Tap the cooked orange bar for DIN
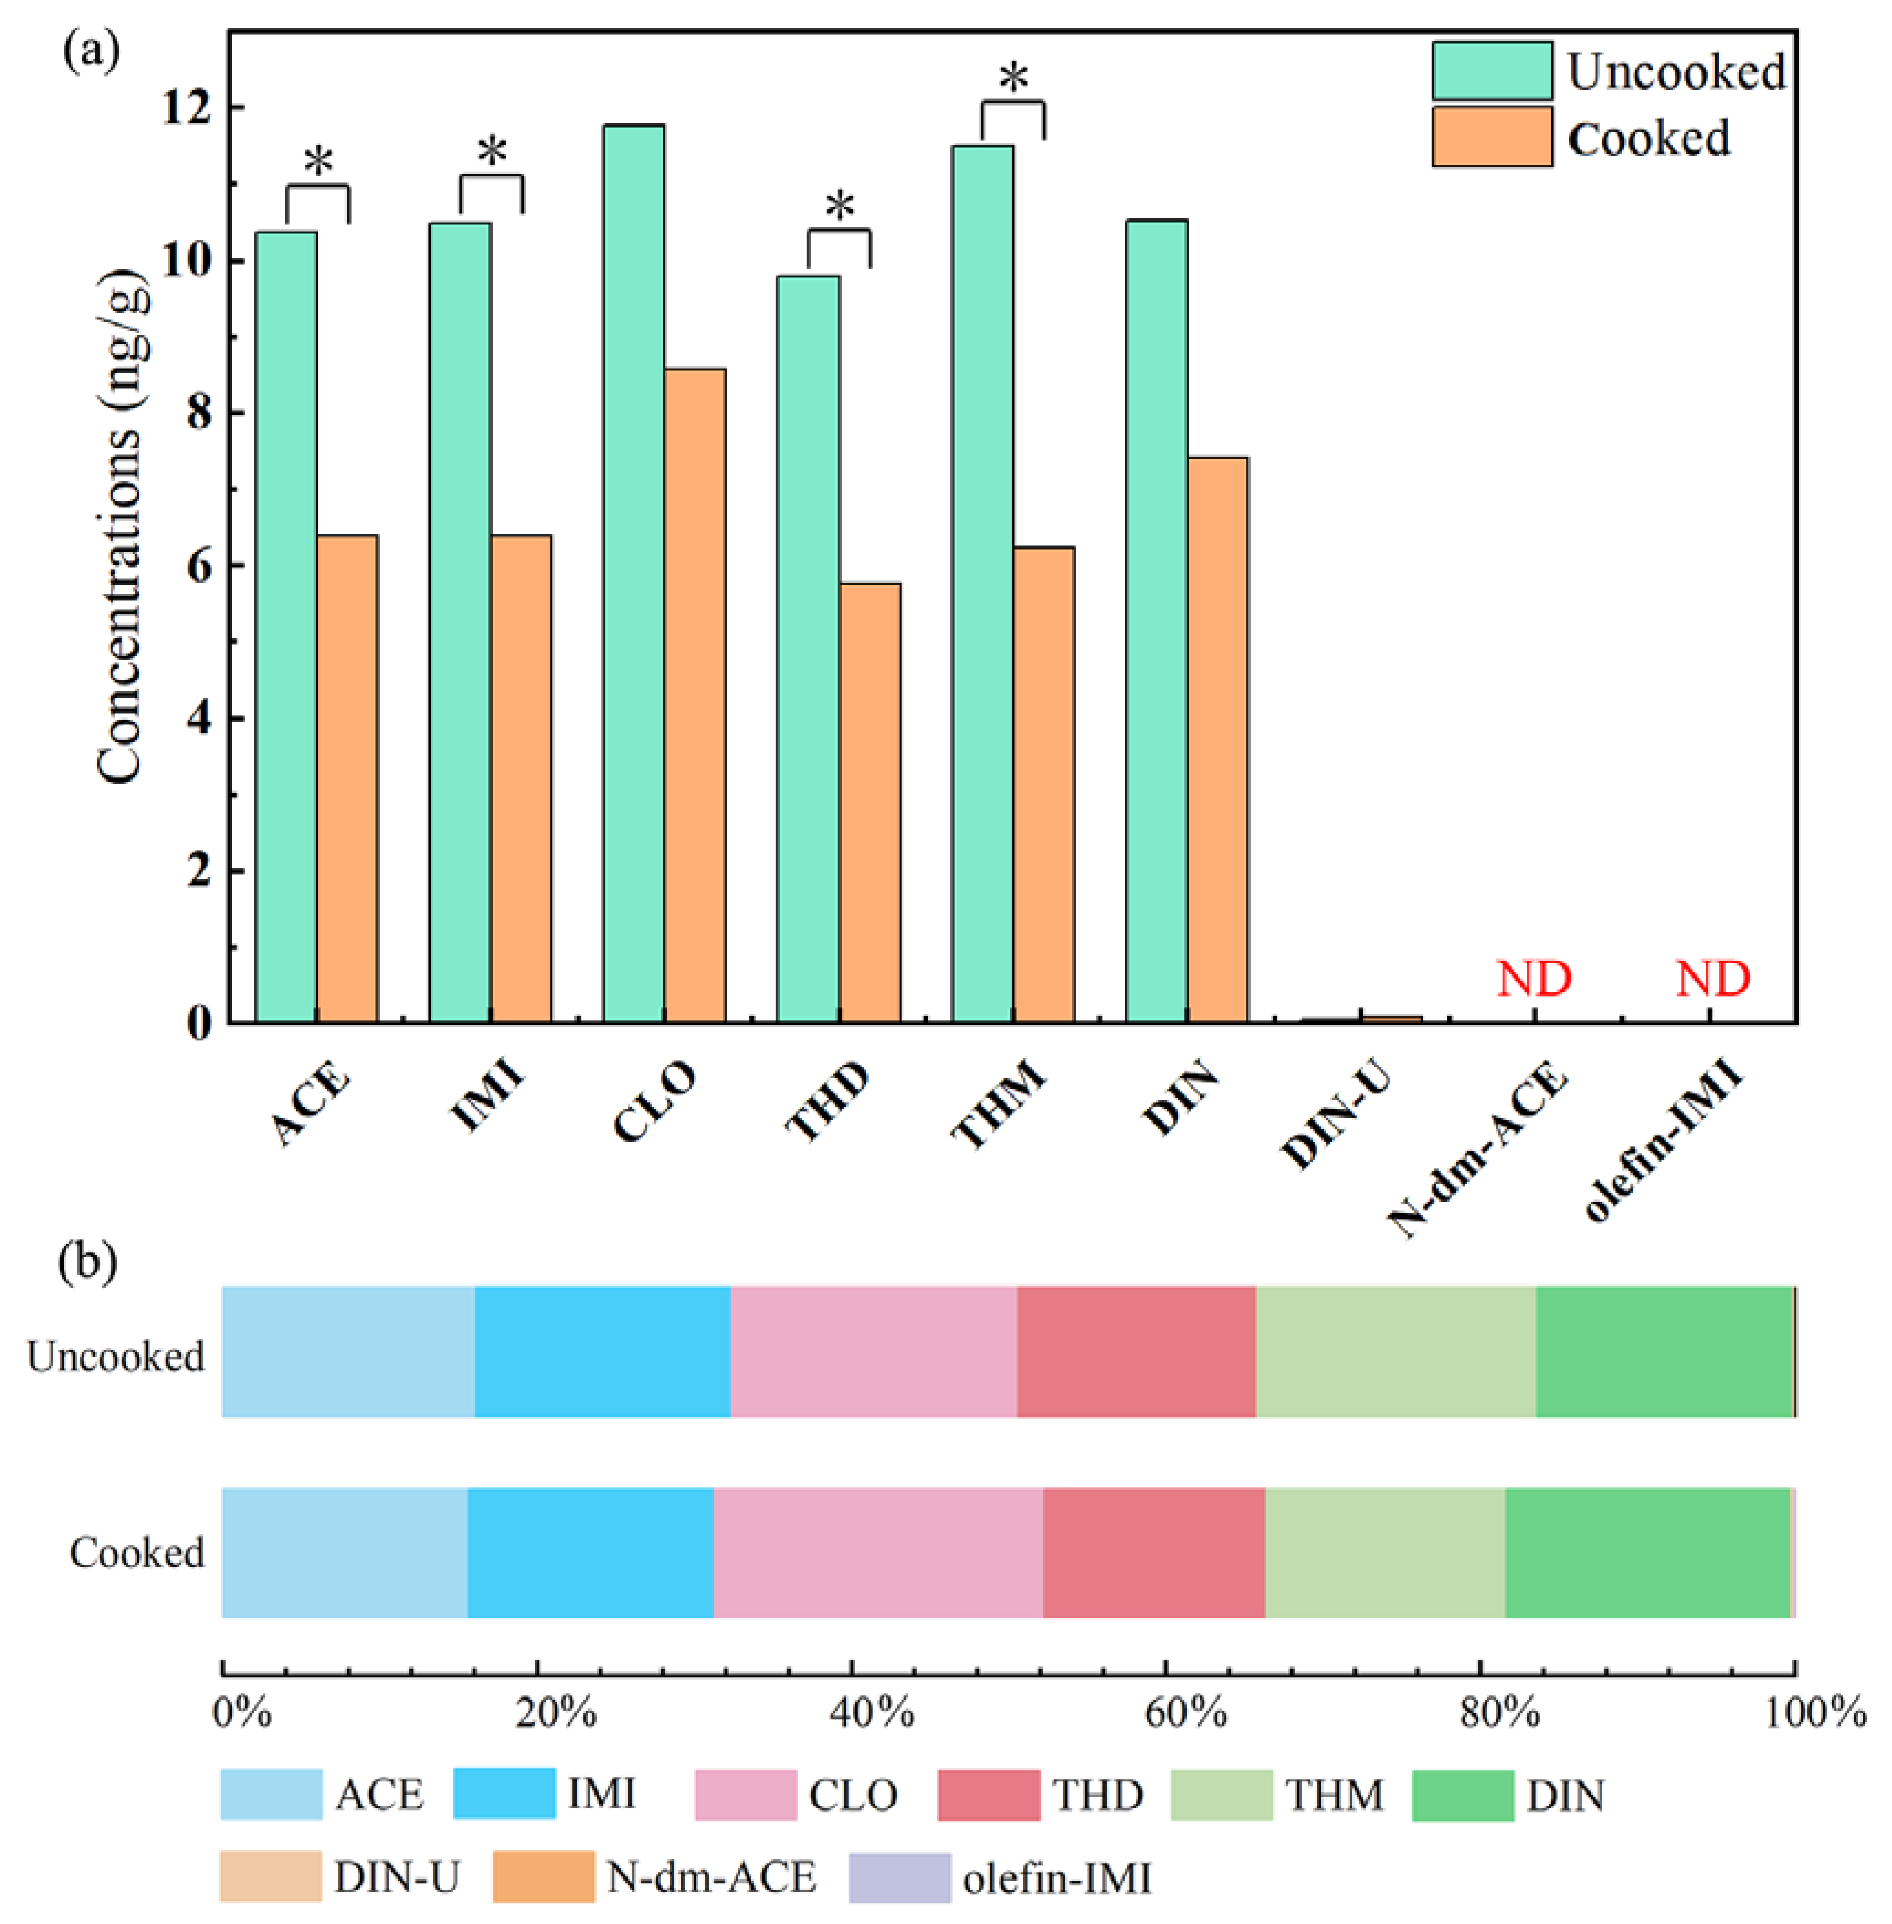(x=1217, y=740)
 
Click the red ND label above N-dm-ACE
(x=1534, y=979)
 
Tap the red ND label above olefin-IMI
(x=1712, y=979)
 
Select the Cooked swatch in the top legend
(x=1492, y=137)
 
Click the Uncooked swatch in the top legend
(x=1492, y=71)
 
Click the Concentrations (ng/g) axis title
(x=121, y=526)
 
